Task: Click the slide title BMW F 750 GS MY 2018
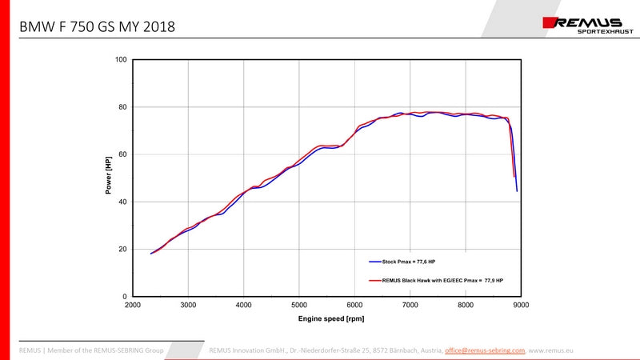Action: (x=97, y=27)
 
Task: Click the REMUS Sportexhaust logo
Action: (x=588, y=25)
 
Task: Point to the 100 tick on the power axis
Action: (x=121, y=59)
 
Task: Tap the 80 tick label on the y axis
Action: (x=123, y=107)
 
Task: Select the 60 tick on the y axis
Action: (x=123, y=154)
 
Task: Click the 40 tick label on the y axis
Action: (x=123, y=202)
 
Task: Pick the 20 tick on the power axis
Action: (x=123, y=249)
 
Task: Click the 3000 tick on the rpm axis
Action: (x=188, y=305)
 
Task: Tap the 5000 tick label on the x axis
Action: (x=299, y=305)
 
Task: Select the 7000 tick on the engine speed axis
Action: (x=410, y=305)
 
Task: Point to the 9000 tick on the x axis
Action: (x=522, y=305)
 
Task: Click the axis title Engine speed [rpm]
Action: (x=331, y=318)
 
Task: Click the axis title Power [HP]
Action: (x=108, y=175)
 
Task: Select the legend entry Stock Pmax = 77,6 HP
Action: (x=402, y=262)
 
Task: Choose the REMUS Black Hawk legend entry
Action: (x=436, y=281)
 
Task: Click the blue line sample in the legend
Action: (x=375, y=262)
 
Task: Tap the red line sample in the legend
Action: (x=375, y=281)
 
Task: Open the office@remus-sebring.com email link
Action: (x=485, y=350)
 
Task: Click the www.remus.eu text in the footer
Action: (x=550, y=350)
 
